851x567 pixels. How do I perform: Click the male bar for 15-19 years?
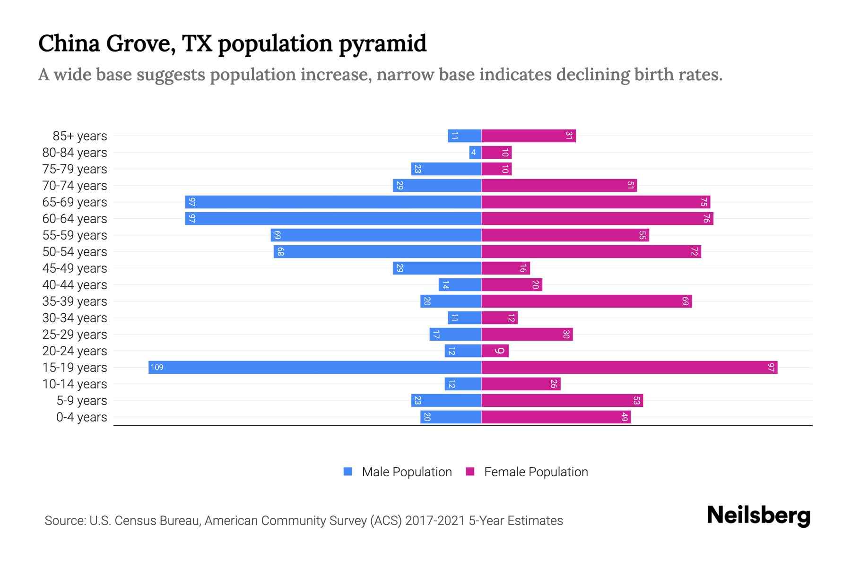(314, 368)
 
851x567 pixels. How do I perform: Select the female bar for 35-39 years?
(586, 301)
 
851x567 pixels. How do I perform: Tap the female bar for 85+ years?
(528, 136)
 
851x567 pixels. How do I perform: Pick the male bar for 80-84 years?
(475, 153)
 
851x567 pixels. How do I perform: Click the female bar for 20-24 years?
(495, 351)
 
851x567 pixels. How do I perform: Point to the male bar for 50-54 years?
(377, 252)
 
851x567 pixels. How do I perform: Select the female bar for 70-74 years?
(559, 186)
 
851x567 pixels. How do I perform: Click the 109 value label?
(157, 368)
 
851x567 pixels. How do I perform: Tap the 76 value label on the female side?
(706, 219)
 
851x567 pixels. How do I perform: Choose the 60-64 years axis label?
(75, 219)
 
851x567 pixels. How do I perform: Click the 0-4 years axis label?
(81, 417)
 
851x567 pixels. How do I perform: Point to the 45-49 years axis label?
(75, 268)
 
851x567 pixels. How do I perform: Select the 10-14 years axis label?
(75, 384)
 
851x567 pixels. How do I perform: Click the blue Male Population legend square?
(348, 472)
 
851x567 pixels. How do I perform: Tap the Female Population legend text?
(536, 472)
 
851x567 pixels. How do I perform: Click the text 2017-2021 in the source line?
(435, 521)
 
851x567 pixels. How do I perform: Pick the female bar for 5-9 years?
(562, 401)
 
